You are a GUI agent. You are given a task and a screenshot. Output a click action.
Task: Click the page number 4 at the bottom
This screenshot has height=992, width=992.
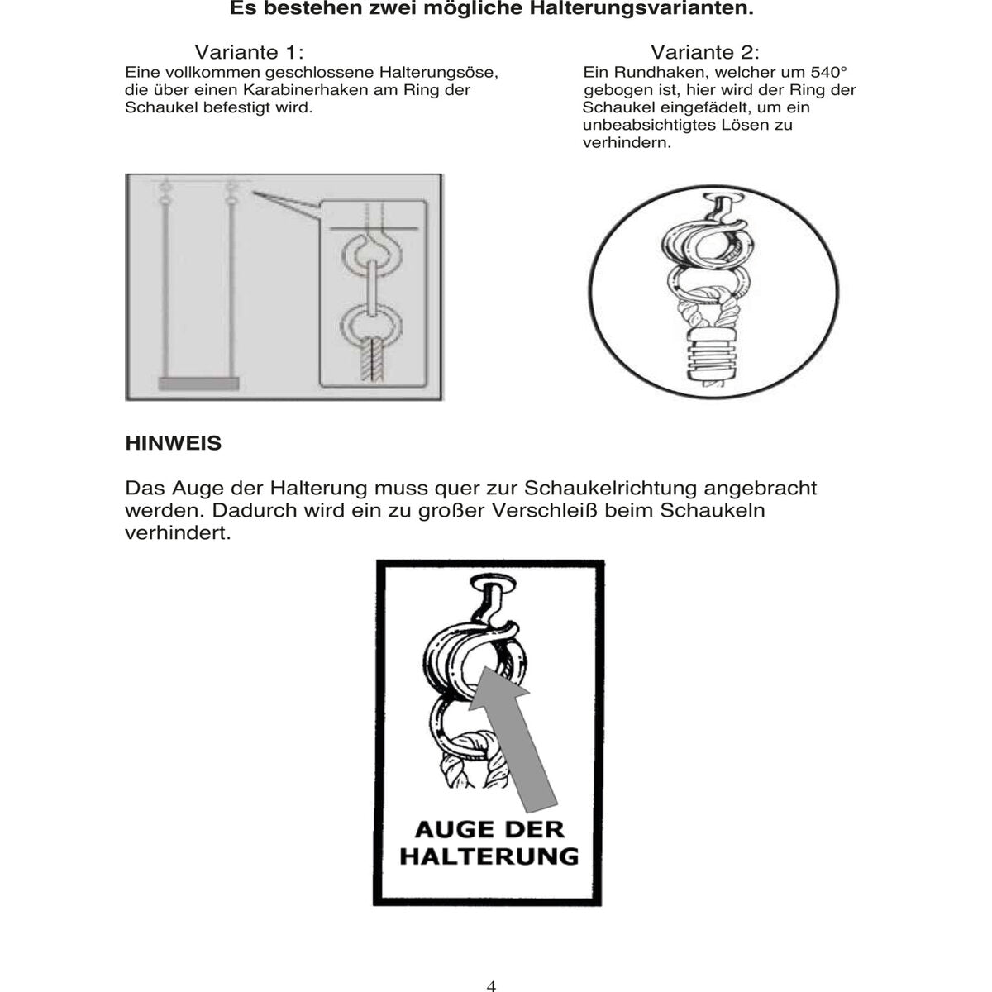click(492, 985)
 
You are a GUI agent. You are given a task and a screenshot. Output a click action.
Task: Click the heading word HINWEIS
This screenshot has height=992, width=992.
click(173, 443)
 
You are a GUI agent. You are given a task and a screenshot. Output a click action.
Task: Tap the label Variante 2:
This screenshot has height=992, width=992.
click(704, 53)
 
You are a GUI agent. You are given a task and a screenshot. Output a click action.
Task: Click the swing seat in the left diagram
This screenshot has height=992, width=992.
click(198, 384)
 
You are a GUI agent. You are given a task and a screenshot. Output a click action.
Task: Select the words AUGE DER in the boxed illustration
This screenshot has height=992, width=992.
click(489, 828)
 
